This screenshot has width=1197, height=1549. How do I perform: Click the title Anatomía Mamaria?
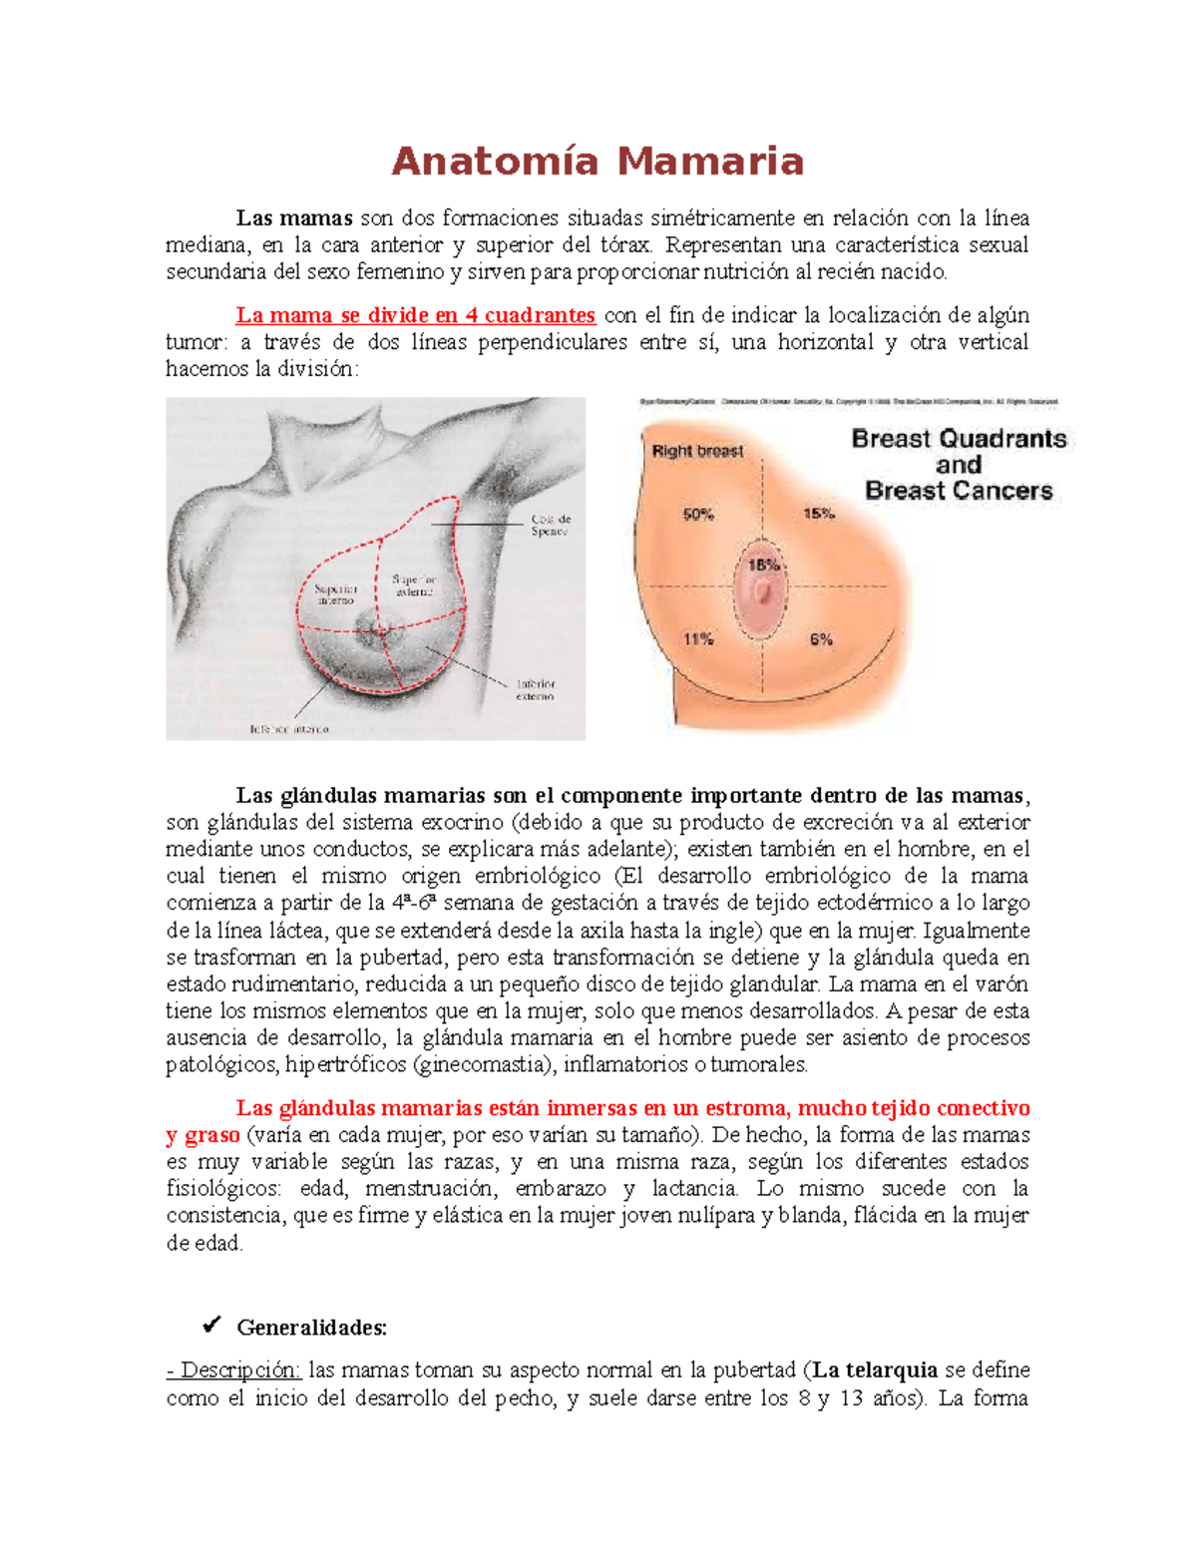point(597,162)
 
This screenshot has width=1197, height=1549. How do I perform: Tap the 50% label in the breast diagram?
point(697,515)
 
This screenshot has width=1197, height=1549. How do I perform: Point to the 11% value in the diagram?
point(697,639)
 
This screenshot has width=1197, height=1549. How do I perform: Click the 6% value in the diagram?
point(821,639)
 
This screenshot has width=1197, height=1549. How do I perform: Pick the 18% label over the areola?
point(763,566)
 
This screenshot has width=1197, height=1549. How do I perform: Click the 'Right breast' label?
point(697,451)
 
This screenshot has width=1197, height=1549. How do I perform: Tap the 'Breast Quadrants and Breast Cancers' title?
point(959,465)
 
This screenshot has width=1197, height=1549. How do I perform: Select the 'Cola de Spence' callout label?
point(550,526)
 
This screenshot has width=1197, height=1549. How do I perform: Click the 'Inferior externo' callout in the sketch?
point(536,690)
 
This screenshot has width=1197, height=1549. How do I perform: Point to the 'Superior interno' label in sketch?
point(336,594)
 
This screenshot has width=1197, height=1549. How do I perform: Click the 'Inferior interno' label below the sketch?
point(288,729)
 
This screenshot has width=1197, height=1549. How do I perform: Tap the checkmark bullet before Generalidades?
point(210,1326)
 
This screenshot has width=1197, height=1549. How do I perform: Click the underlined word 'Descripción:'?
point(233,1370)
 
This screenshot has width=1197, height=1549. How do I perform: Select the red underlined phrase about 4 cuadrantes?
point(415,315)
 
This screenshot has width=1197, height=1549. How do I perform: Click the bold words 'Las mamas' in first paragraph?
point(294,218)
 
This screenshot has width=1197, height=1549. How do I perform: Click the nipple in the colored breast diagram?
point(763,593)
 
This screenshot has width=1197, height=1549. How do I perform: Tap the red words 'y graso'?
point(202,1135)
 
